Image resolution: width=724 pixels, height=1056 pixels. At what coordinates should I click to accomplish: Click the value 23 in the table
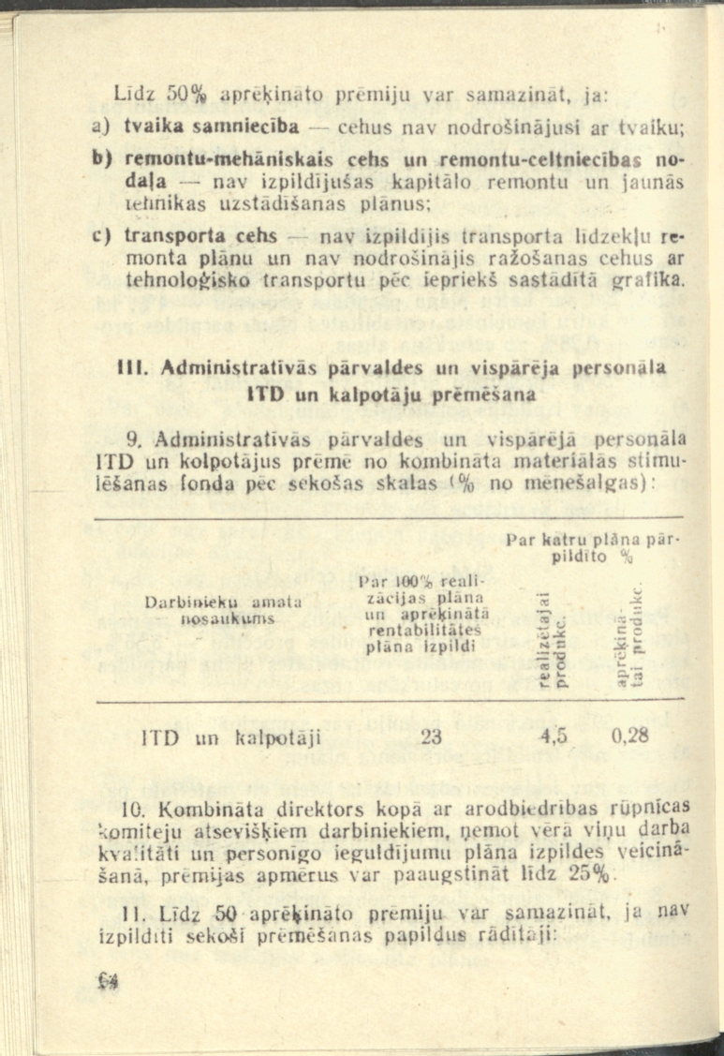[431, 736]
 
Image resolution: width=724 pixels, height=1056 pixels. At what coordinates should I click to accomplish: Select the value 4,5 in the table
[554, 736]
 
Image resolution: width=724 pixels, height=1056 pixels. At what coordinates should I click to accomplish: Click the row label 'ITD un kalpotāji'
[230, 736]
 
